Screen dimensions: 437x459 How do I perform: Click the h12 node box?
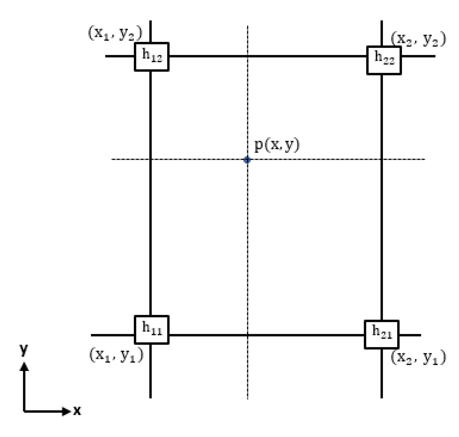click(151, 57)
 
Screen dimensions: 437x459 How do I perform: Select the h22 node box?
click(384, 60)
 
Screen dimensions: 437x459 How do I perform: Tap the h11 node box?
click(151, 330)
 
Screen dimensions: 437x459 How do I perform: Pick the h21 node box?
click(381, 334)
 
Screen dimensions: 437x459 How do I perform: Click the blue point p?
click(247, 159)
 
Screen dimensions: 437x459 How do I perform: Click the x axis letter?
click(77, 411)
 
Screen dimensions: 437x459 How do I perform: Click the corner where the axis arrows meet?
click(24, 411)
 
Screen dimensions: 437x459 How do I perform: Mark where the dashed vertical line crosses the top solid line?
click(248, 56)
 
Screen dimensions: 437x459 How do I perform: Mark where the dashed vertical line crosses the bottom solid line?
click(248, 335)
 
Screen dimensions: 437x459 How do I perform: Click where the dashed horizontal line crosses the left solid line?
click(150, 159)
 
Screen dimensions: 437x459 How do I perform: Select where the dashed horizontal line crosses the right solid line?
click(381, 159)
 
